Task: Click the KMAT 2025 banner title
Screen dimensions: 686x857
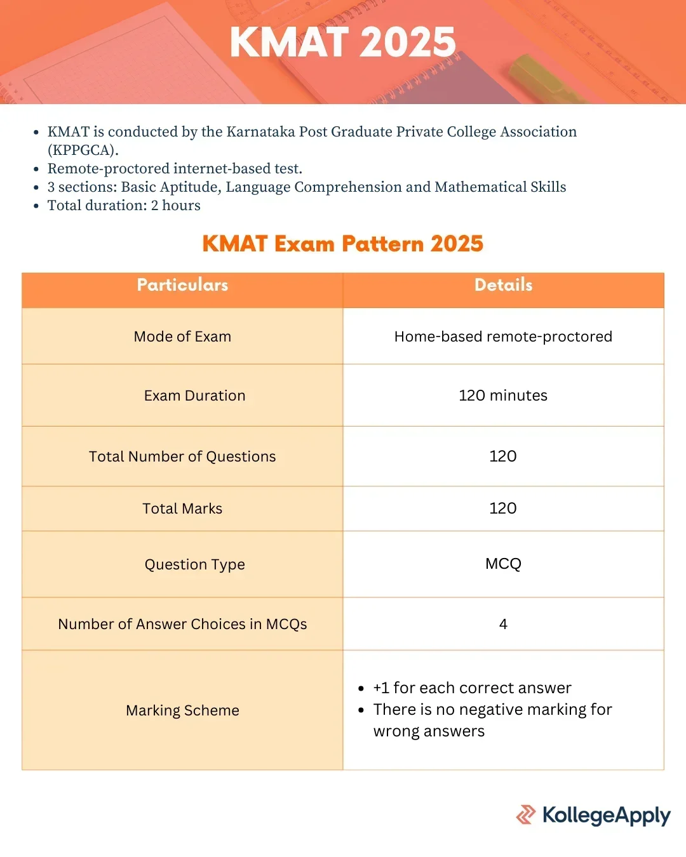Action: [x=342, y=42]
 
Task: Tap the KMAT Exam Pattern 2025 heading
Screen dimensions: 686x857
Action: [x=342, y=243]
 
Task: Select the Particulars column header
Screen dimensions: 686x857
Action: [x=182, y=285]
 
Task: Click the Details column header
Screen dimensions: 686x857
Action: [x=503, y=285]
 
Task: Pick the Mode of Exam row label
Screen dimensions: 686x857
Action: [x=182, y=336]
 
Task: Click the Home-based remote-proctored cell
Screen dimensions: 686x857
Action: [x=503, y=336]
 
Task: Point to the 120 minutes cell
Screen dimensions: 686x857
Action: [x=503, y=395]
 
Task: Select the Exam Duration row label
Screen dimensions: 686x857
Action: [x=194, y=395]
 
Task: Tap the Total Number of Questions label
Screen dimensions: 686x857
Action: [x=182, y=456]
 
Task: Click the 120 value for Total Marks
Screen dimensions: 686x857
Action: [x=503, y=508]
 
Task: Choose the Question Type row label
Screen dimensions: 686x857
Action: [x=194, y=565]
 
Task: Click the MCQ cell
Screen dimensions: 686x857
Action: [x=503, y=564]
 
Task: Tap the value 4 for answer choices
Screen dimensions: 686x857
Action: [x=503, y=624]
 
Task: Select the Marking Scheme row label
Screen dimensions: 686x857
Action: [x=182, y=710]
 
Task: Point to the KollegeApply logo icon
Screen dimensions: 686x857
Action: [x=526, y=814]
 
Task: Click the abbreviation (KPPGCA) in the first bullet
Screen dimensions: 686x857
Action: [x=83, y=150]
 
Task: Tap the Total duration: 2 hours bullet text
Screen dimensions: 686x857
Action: [x=124, y=206]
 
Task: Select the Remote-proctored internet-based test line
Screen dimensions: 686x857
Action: [x=175, y=168]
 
